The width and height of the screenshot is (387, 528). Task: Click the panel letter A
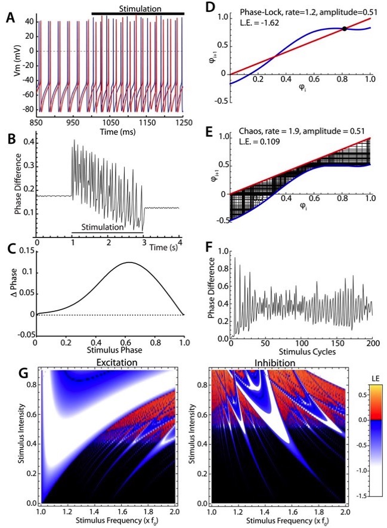click(11, 17)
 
